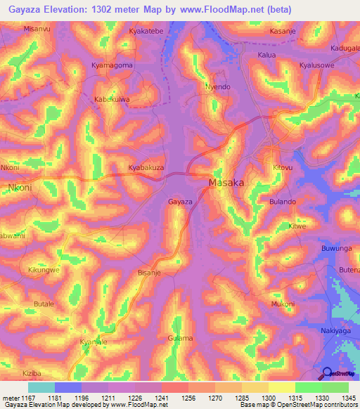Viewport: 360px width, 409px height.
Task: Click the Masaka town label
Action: pyautogui.click(x=227, y=183)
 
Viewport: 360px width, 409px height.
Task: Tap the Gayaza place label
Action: pyautogui.click(x=180, y=202)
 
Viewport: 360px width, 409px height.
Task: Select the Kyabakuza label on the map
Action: pyautogui.click(x=146, y=168)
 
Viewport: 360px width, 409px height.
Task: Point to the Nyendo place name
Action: pyautogui.click(x=217, y=87)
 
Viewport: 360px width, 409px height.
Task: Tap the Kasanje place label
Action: pyautogui.click(x=284, y=32)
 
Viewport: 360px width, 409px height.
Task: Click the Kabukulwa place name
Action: pyautogui.click(x=112, y=100)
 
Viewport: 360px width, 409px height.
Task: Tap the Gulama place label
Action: pyautogui.click(x=180, y=338)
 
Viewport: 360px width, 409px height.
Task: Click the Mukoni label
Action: pyautogui.click(x=283, y=304)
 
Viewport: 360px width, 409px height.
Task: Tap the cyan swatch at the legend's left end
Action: pyautogui.click(x=41, y=387)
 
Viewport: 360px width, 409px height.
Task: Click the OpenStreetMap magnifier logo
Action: pyautogui.click(x=328, y=374)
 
